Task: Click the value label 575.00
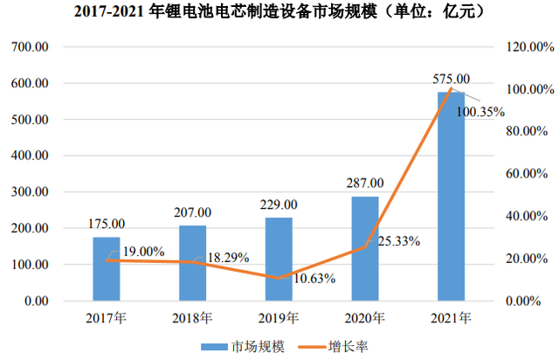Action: tap(452, 79)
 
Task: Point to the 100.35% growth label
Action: tap(485, 111)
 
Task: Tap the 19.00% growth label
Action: tap(143, 252)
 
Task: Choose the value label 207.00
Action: tap(192, 212)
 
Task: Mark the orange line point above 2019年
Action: tap(279, 279)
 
